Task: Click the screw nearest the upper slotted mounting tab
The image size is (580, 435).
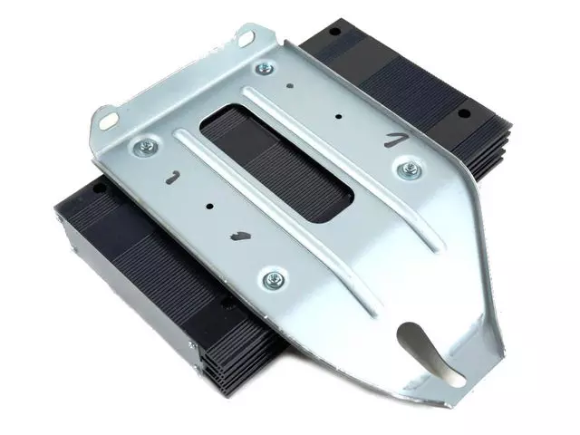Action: coord(265,68)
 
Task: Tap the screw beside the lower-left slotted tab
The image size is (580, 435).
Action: coord(143,147)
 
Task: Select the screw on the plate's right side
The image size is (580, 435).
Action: coord(409,169)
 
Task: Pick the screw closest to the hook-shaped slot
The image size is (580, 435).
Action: coord(271,279)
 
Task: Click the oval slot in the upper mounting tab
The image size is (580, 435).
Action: coord(245,38)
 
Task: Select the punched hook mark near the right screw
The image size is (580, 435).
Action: coord(392,139)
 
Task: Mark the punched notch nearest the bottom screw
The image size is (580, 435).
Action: coord(239,237)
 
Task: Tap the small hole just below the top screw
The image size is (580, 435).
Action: coord(291,88)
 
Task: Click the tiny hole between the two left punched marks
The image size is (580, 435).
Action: coord(210,206)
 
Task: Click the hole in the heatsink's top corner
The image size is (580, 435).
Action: coord(334,32)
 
